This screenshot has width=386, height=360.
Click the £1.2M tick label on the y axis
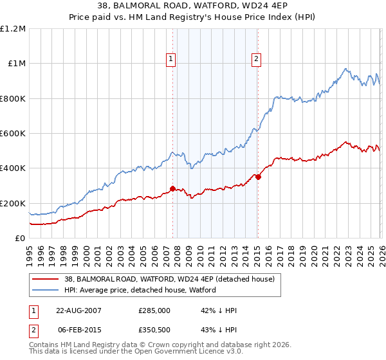14,29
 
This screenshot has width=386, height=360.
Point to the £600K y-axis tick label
14,134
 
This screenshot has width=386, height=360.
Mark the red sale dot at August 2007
172,188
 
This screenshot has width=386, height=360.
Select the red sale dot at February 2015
257,177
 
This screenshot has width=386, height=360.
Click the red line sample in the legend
46,278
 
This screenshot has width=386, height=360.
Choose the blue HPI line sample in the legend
46,289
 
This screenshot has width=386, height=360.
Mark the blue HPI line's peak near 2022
346,69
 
